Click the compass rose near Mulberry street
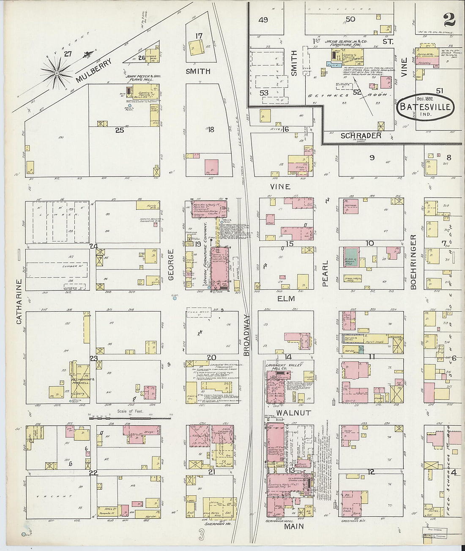(56, 72)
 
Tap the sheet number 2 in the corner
(449, 19)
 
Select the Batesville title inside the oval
(425, 107)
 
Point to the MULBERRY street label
(94, 70)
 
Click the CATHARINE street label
(19, 301)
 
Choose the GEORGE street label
(171, 265)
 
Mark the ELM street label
(286, 299)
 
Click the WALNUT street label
(294, 413)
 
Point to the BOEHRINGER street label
(413, 262)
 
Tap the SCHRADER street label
(361, 136)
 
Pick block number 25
(120, 130)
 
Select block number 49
(263, 19)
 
